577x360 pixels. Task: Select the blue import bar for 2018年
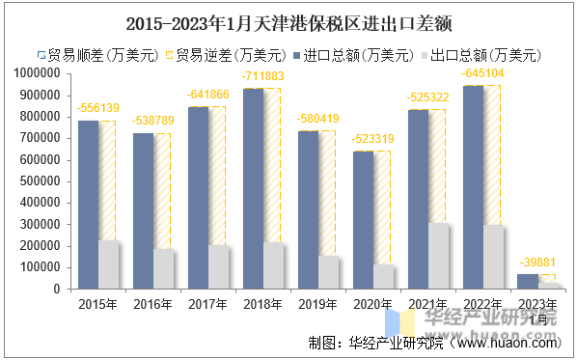pyautogui.click(x=253, y=188)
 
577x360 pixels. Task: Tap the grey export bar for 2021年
pyautogui.click(x=439, y=256)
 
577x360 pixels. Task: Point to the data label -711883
pyautogui.click(x=263, y=75)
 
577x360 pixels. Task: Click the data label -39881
pyautogui.click(x=537, y=263)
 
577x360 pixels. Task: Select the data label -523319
pyautogui.click(x=373, y=138)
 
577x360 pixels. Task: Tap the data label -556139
pyautogui.click(x=98, y=108)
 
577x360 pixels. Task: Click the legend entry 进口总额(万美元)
pyautogui.click(x=358, y=55)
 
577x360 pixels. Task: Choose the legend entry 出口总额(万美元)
pyautogui.click(x=485, y=55)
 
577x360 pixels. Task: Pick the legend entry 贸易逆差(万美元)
pyautogui.click(x=231, y=55)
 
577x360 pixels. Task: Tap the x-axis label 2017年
pyautogui.click(x=208, y=302)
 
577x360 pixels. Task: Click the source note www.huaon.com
pyautogui.click(x=506, y=342)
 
